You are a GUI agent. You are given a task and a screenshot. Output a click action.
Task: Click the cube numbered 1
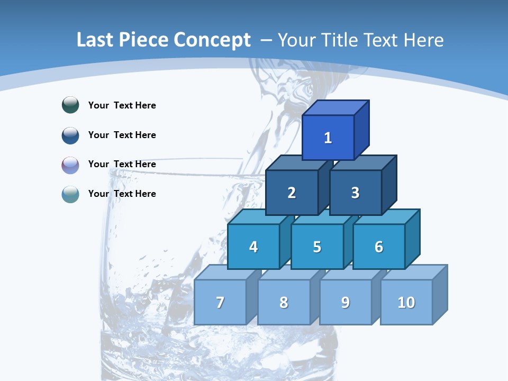[328, 138]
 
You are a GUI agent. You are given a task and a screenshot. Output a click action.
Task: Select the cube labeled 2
[292, 193]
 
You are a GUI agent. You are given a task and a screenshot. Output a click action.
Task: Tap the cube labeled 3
[355, 193]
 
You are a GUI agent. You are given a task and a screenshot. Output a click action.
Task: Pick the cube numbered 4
[253, 247]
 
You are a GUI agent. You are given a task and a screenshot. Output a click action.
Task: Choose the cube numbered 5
[317, 247]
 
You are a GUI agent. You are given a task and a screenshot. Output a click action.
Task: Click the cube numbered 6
[379, 247]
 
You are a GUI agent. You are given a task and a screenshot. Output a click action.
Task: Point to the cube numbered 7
[220, 302]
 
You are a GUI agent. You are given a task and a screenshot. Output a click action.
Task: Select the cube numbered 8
[284, 302]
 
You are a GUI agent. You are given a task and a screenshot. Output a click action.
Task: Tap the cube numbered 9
[346, 302]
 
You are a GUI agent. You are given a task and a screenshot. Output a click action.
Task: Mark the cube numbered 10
[406, 302]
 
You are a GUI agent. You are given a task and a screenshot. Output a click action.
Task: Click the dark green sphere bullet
[70, 105]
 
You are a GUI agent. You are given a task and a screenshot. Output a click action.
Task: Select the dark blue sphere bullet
[70, 135]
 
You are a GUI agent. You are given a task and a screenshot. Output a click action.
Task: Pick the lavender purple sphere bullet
[70, 165]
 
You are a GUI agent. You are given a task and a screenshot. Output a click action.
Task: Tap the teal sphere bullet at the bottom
[70, 194]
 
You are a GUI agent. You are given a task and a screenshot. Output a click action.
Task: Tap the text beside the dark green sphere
[122, 105]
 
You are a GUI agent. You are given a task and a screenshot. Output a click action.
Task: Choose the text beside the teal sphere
[122, 194]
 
